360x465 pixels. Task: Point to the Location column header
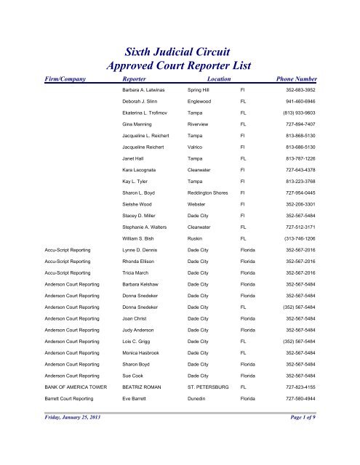pos(219,77)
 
